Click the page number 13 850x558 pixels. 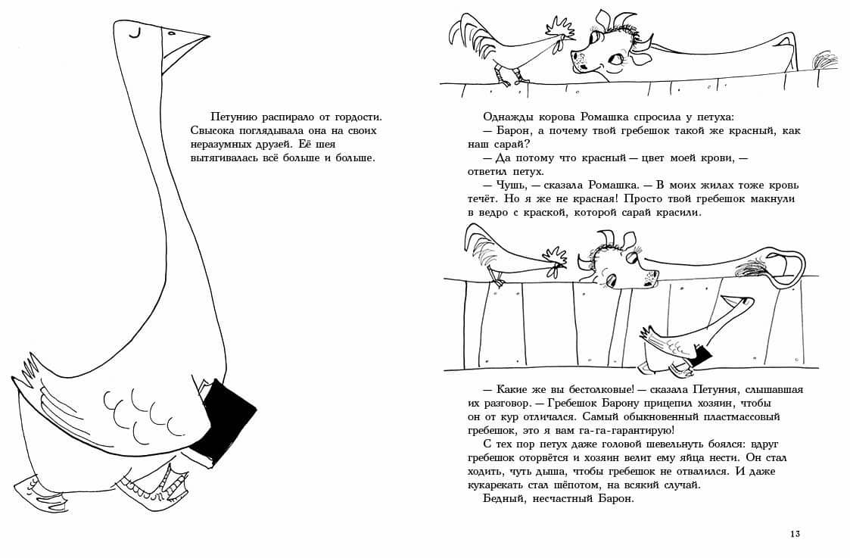pos(794,534)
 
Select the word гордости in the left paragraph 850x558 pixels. pos(354,117)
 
